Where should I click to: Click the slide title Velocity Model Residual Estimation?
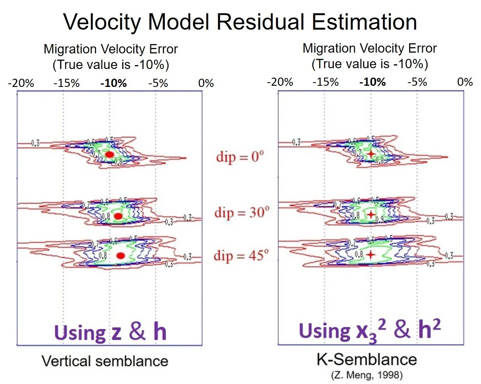[240, 21]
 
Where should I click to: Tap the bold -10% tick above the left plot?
[114, 83]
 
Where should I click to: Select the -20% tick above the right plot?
[280, 82]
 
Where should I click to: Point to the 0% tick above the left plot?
[206, 83]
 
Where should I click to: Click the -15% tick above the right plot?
[326, 82]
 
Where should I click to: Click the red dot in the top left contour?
[110, 154]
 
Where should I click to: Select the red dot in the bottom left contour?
[121, 255]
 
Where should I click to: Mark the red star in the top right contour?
[371, 154]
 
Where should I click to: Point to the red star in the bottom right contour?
[371, 255]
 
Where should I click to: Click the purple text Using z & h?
[110, 332]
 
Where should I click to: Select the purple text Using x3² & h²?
[370, 331]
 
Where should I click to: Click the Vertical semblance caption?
[105, 361]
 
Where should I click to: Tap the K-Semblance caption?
[367, 359]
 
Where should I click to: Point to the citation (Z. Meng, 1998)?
[367, 375]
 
